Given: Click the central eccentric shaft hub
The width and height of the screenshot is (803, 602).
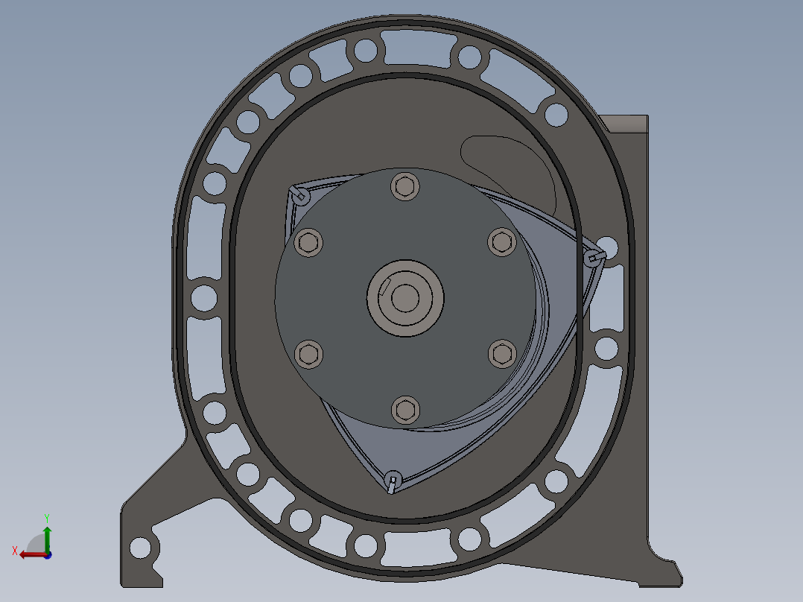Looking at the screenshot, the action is click(x=405, y=298).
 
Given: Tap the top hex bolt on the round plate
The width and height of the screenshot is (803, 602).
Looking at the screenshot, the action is click(x=405, y=186).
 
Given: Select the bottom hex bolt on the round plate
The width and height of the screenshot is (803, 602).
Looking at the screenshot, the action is click(x=405, y=411).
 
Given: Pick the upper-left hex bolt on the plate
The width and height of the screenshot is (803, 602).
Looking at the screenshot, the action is click(x=308, y=242).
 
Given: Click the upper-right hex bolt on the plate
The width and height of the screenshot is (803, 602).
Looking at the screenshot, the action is click(x=502, y=242).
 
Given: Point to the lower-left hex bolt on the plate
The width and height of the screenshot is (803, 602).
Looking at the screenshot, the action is click(x=309, y=354).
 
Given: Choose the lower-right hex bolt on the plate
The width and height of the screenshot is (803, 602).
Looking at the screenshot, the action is click(x=502, y=353).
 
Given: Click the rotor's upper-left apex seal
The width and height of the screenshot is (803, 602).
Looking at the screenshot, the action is click(x=299, y=194).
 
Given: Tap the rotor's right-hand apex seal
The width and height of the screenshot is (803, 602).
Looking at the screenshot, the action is click(x=594, y=257).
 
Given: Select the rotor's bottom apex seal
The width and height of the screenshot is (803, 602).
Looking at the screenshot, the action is click(x=393, y=481).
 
